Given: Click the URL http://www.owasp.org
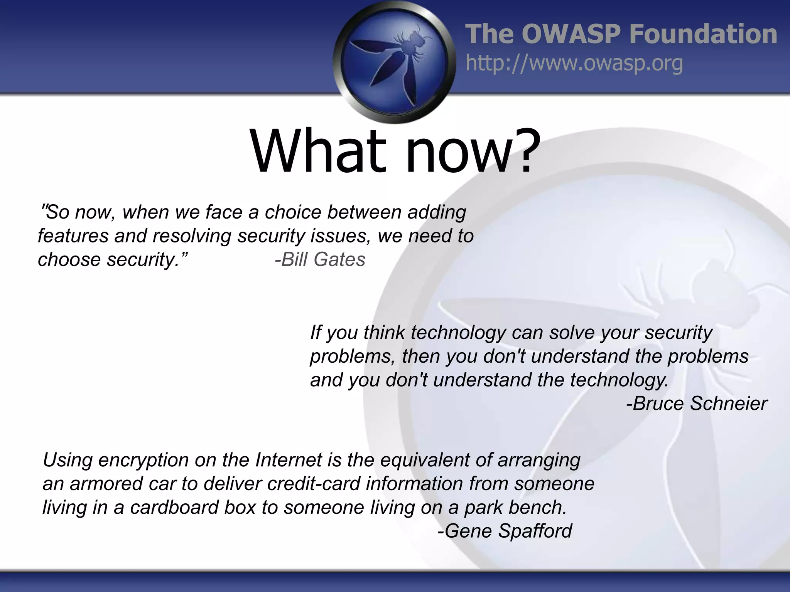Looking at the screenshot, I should coord(574,63).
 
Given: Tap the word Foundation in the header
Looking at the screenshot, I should coord(703,34).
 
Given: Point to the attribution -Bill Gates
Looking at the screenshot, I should coord(320,259).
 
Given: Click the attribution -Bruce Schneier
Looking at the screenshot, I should coord(697,404).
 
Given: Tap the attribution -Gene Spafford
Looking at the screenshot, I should coord(505,531).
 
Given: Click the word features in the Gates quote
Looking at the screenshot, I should coord(73,236).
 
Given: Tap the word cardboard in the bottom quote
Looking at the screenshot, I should coord(174,507).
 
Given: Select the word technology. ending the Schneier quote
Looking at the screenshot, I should coord(619,380).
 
